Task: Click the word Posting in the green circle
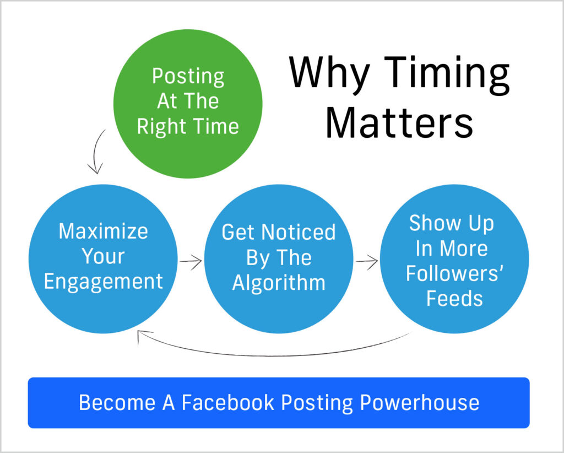[188, 76]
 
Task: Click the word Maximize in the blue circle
[103, 231]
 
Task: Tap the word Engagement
[103, 282]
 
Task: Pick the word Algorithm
[278, 283]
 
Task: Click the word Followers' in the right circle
[454, 273]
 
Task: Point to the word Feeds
[454, 299]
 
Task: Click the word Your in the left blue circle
[103, 256]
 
